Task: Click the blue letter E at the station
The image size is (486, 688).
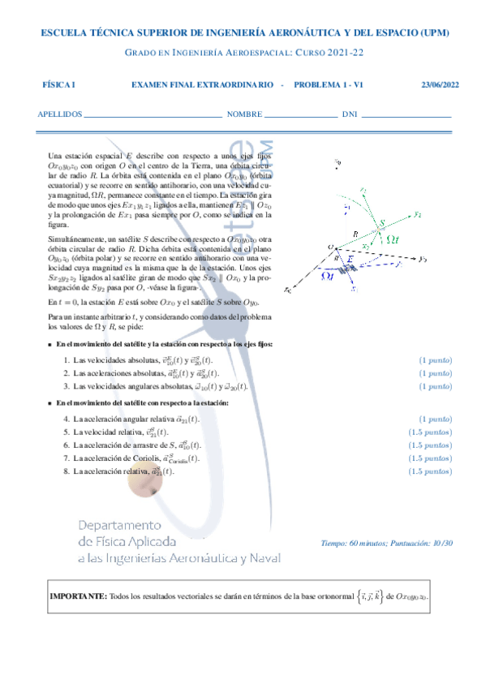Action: (351, 257)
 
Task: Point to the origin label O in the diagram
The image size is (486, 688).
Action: (330, 247)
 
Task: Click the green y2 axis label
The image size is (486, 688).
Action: (416, 215)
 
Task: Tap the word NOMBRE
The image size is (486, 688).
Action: (244, 114)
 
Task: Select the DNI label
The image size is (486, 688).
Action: (350, 114)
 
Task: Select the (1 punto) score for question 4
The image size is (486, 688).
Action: (435, 419)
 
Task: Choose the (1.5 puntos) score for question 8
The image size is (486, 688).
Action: (431, 471)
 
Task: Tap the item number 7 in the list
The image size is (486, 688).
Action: (66, 458)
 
